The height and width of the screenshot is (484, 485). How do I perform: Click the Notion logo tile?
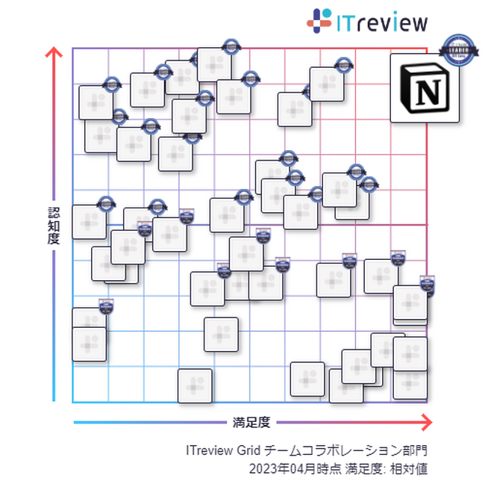(425, 87)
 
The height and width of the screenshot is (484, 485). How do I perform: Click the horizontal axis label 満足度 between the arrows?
(251, 423)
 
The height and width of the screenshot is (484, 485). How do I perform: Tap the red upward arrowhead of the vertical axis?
(54, 54)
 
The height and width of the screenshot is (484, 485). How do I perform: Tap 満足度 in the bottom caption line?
(362, 468)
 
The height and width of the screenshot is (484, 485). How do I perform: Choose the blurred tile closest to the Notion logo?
(327, 84)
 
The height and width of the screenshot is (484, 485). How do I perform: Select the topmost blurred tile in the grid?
(215, 65)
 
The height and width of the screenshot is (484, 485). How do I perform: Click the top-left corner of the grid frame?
(72, 49)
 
